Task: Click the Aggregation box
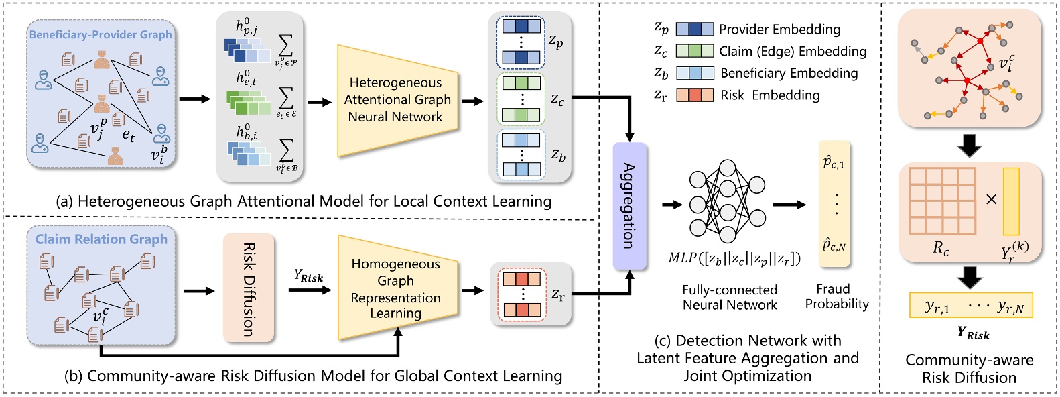tap(629, 206)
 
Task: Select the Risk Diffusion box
tap(249, 288)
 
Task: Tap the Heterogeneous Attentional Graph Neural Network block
tap(396, 100)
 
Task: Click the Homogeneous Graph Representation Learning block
tap(396, 288)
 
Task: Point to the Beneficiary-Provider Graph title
tap(101, 34)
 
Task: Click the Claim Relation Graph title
tap(101, 239)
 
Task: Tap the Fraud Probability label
tap(836, 296)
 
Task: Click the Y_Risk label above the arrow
tap(308, 276)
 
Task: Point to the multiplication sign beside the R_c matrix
tap(992, 199)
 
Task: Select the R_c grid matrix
tap(941, 201)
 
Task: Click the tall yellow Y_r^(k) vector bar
tap(1011, 201)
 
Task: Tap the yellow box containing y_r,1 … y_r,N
tap(971, 306)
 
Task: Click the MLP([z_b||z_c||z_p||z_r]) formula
tap(734, 258)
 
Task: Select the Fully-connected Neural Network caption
tap(730, 297)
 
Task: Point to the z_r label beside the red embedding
tap(557, 294)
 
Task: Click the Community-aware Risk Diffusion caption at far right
tap(969, 369)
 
